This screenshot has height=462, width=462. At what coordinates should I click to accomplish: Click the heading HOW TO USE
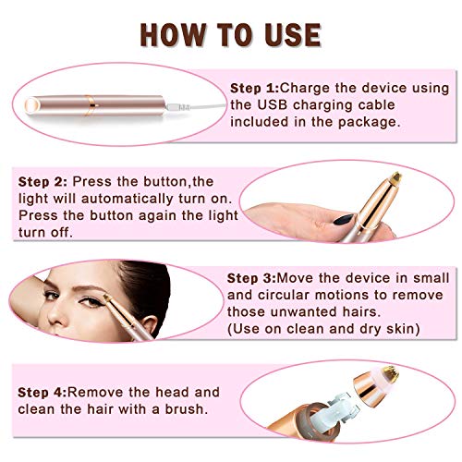pos(230,33)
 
